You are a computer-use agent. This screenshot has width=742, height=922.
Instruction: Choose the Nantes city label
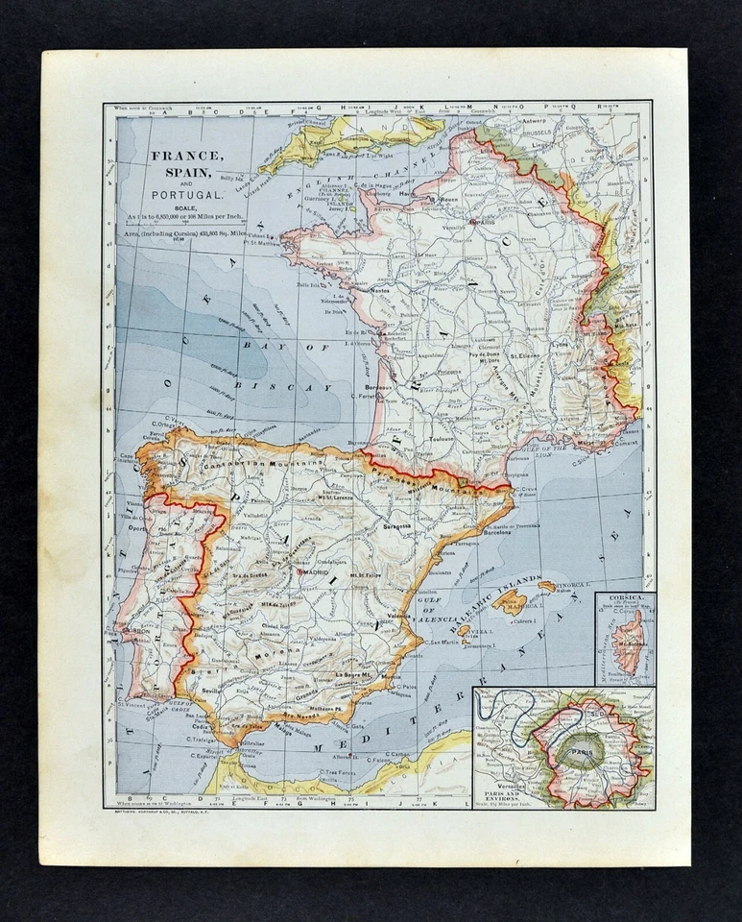(356, 289)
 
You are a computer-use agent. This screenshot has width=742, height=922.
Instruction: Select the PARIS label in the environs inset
(579, 752)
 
